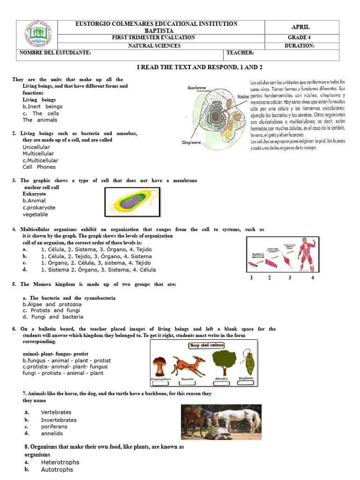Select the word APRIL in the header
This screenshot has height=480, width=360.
tap(300, 27)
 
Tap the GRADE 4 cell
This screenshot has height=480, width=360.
tap(300, 37)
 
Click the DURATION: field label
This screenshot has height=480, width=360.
tap(300, 46)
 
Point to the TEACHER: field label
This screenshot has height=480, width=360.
tap(240, 53)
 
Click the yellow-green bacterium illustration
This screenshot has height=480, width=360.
tap(129, 202)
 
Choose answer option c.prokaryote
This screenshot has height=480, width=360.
tap(39, 208)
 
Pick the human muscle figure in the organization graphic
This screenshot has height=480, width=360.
tap(307, 255)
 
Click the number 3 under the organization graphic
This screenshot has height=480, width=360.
tap(290, 278)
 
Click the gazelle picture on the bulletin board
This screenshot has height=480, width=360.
tap(189, 364)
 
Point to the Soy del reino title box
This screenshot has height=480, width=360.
tap(206, 345)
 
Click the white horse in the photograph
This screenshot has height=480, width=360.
tap(240, 416)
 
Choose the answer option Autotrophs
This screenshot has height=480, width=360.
tap(57, 469)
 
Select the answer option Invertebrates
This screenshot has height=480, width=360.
tap(59, 420)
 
